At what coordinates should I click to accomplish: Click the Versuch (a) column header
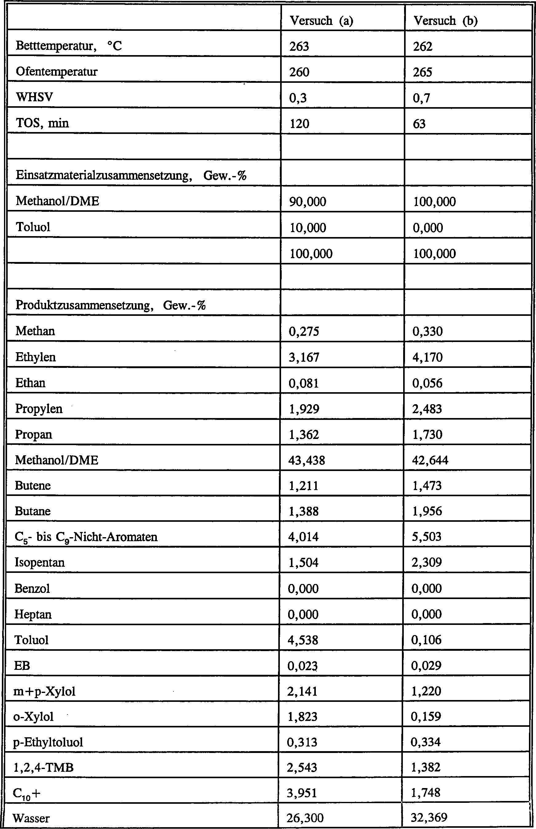pyautogui.click(x=321, y=21)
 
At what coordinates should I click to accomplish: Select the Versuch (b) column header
pyautogui.click(x=445, y=21)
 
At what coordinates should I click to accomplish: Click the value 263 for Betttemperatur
pyautogui.click(x=299, y=46)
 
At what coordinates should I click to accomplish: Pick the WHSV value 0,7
pyautogui.click(x=421, y=98)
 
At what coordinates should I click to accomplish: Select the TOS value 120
pyautogui.click(x=299, y=124)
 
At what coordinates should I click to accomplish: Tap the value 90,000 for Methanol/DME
pyautogui.click(x=308, y=201)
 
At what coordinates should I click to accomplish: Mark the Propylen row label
pyautogui.click(x=39, y=408)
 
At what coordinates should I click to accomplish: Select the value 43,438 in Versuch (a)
pyautogui.click(x=306, y=460)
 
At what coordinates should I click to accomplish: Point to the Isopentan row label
pyautogui.click(x=39, y=562)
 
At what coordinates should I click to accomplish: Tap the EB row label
pyautogui.click(x=22, y=665)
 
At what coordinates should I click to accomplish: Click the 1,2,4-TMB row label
pyautogui.click(x=43, y=767)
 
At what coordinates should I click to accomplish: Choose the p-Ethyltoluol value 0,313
pyautogui.click(x=302, y=742)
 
